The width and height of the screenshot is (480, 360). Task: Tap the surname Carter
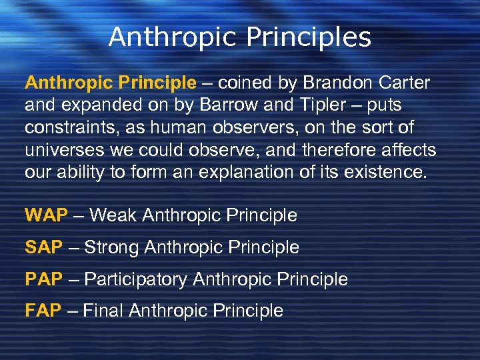point(404,83)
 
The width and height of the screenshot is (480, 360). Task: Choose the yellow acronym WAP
point(46,215)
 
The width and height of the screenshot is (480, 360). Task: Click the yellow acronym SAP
point(44,247)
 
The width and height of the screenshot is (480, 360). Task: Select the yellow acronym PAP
point(43,279)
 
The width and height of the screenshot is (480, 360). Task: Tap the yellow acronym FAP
point(43,311)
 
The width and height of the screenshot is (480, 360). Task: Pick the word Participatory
point(136,279)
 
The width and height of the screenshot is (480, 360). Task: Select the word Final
point(104,311)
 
